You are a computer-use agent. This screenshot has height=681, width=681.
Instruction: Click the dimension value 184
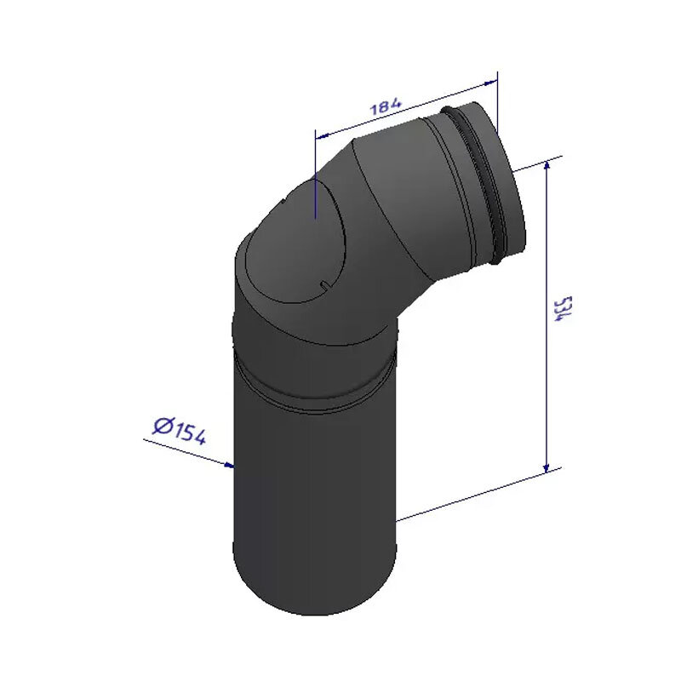click(386, 106)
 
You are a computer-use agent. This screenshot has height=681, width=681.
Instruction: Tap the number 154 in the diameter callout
click(189, 433)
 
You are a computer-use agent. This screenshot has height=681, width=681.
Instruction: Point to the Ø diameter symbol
click(163, 426)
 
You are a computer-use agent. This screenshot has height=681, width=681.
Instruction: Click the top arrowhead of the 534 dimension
click(547, 165)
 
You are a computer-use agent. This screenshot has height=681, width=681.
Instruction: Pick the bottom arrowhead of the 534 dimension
click(547, 467)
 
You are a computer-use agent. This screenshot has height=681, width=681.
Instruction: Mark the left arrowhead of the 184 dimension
click(322, 136)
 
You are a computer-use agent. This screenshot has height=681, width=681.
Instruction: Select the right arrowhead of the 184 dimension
click(491, 82)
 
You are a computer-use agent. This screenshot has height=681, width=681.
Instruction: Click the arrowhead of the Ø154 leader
click(228, 465)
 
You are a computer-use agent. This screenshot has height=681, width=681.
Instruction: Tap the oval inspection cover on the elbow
click(295, 243)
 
